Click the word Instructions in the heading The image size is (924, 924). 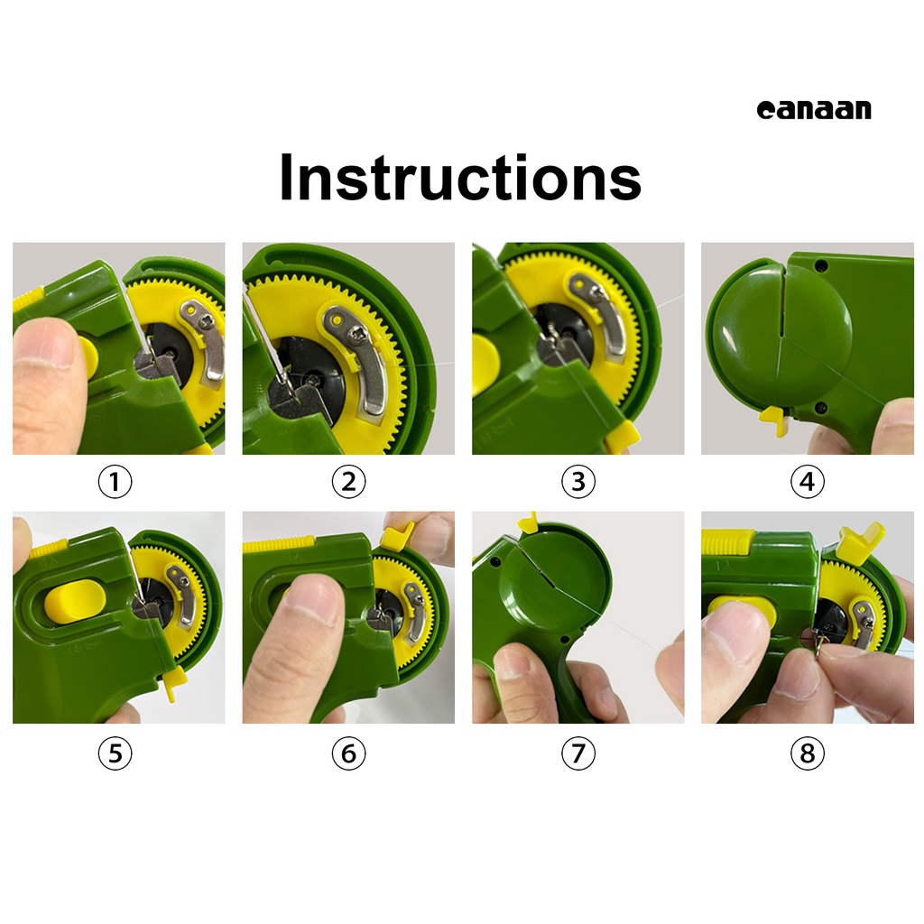[460, 178]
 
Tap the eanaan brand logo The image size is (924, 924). [814, 110]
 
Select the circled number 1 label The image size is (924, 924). [115, 482]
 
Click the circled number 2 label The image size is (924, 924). [348, 482]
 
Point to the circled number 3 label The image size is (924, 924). [578, 482]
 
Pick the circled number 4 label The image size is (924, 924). [807, 482]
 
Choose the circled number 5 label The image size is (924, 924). [115, 753]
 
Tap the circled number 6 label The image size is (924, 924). [348, 753]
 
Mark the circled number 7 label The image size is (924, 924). [578, 753]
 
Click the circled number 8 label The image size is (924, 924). [807, 753]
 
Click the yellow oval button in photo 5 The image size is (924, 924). [76, 602]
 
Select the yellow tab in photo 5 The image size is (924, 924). [174, 684]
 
